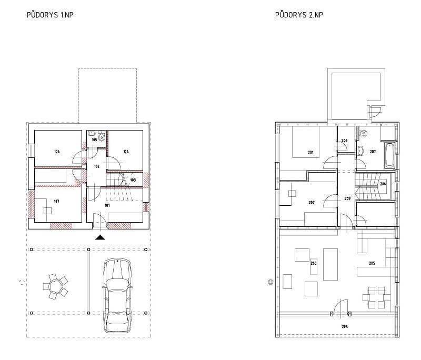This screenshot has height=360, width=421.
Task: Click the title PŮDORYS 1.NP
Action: click(50, 15)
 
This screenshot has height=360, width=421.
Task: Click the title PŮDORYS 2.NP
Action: click(299, 15)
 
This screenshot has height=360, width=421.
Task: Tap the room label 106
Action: click(57, 152)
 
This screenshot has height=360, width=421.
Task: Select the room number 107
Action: click(56, 201)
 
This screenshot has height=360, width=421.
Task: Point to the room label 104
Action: click(126, 152)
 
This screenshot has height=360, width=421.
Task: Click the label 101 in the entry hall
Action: click(107, 205)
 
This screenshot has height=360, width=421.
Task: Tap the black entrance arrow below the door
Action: click(100, 237)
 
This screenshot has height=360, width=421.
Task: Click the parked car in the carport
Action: click(117, 296)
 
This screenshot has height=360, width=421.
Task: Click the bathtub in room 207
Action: click(389, 156)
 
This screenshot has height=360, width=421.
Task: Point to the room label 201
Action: click(310, 152)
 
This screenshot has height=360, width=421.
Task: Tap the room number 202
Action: click(312, 203)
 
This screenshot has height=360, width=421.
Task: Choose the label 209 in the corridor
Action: click(347, 198)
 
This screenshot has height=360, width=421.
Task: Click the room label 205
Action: click(372, 263)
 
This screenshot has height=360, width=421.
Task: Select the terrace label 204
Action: click(345, 326)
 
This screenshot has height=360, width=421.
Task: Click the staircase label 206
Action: click(383, 184)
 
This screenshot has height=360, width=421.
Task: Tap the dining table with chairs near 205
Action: click(377, 297)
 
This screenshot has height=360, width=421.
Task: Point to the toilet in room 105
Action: click(102, 136)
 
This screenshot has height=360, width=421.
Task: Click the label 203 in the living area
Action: click(314, 263)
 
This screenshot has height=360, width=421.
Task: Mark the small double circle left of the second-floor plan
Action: click(270, 282)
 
